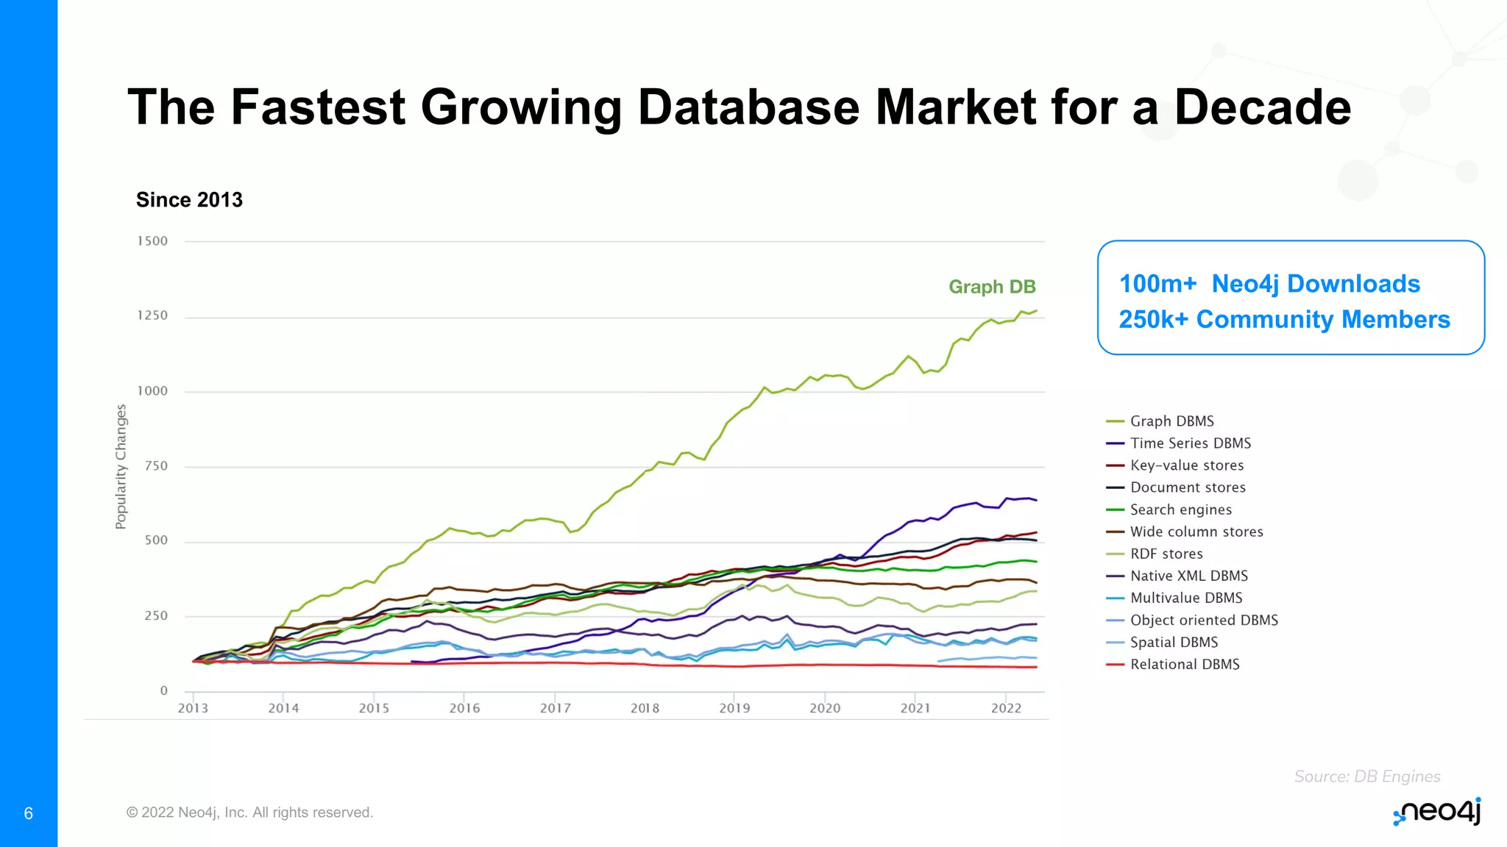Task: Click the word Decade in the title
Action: [1262, 107]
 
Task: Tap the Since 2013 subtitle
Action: [189, 200]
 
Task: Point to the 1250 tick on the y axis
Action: [152, 315]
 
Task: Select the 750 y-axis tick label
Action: [156, 466]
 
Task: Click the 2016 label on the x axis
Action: [464, 708]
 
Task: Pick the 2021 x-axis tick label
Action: [915, 708]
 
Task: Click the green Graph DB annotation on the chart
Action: [992, 287]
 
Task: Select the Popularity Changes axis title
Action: [121, 467]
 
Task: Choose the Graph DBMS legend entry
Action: [1171, 421]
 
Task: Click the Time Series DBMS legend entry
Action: [1190, 443]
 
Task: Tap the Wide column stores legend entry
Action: [1196, 532]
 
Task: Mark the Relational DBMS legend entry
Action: [1184, 665]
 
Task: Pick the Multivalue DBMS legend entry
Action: [1185, 598]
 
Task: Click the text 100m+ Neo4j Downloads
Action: [1269, 284]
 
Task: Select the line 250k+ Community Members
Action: [1284, 320]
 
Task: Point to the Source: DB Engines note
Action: [1366, 776]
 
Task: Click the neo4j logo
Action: [1436, 812]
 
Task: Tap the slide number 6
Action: [29, 813]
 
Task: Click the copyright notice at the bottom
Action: [249, 812]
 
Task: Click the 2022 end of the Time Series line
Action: [1035, 500]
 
